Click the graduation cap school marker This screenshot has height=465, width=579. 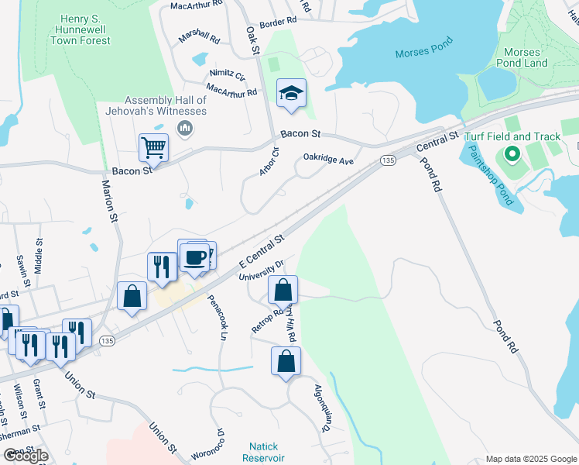[x=291, y=94]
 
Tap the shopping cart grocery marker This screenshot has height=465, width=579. [x=153, y=146]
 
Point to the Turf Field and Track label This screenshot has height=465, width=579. [x=512, y=136]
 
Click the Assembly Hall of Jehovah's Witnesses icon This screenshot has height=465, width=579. [x=185, y=127]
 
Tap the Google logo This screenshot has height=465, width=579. [x=26, y=456]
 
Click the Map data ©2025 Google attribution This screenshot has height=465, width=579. [x=530, y=459]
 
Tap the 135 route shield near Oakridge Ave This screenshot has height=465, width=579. [x=388, y=160]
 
